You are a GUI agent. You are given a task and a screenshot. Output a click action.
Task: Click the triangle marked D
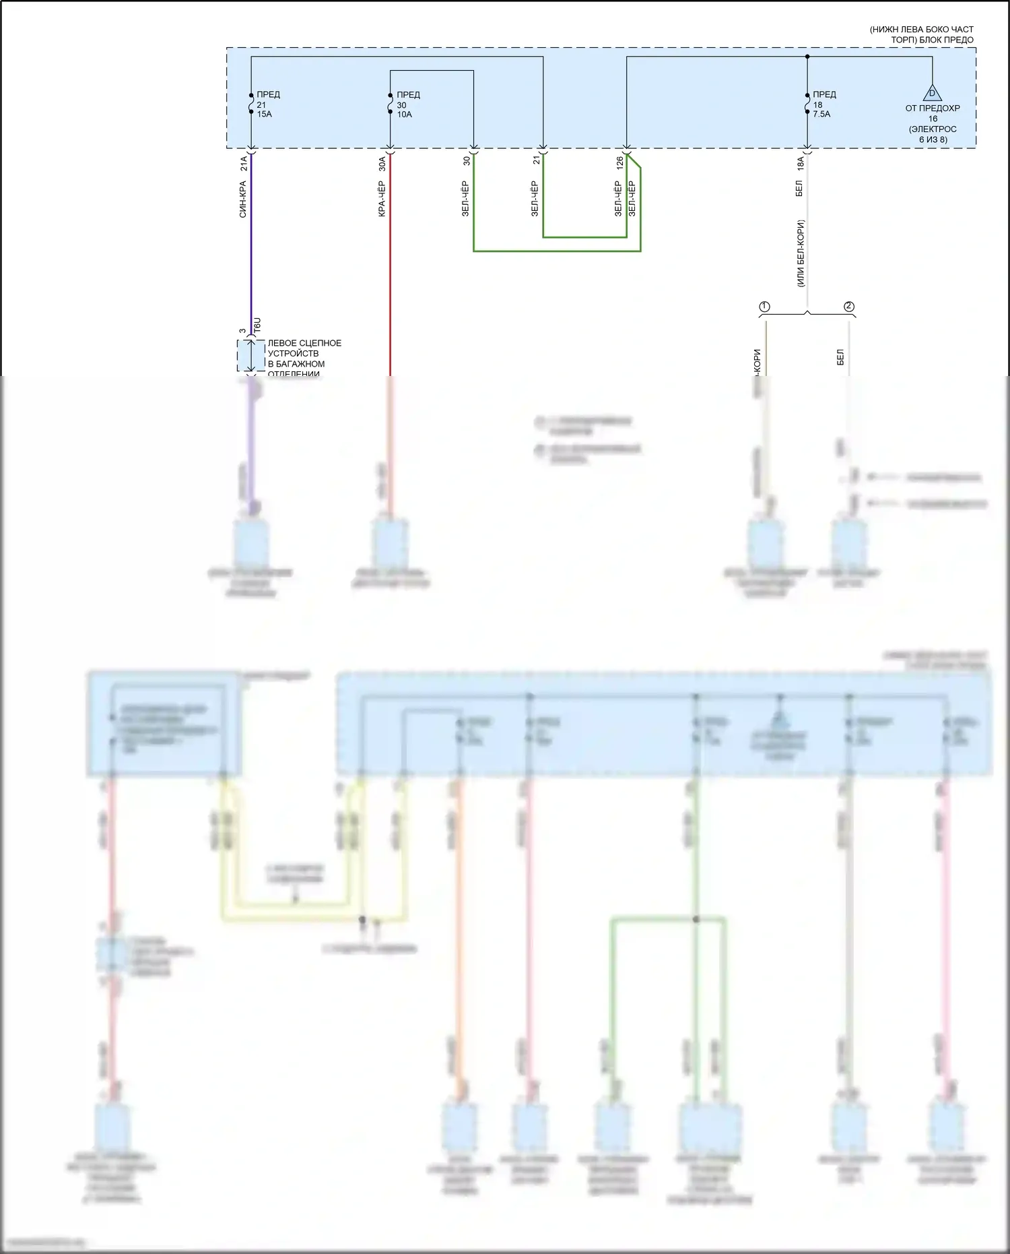932,93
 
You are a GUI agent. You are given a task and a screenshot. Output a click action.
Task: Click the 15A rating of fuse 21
265,115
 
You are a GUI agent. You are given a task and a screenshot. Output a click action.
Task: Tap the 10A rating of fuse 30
404,115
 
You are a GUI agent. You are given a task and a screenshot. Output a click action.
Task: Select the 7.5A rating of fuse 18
821,115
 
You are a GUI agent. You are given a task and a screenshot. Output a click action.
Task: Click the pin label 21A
244,163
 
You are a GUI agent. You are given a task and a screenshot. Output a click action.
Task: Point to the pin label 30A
382,163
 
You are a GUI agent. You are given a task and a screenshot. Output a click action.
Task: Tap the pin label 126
619,163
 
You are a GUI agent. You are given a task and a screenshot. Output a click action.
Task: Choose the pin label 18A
800,163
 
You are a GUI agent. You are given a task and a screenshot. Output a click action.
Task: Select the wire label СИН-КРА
243,199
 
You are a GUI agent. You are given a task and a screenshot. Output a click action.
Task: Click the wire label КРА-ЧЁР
382,199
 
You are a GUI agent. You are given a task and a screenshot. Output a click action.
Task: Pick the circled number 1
764,307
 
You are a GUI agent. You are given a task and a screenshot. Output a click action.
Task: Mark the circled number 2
849,307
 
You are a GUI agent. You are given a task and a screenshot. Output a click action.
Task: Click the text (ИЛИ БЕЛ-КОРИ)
801,253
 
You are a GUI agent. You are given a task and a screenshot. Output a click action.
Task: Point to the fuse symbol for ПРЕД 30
390,104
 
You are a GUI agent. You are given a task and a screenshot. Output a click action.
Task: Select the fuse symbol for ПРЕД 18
807,104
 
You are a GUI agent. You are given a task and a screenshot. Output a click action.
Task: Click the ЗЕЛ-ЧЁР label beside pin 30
465,199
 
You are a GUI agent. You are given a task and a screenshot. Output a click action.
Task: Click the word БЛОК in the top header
932,40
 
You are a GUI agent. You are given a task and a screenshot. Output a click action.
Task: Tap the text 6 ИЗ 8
933,139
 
